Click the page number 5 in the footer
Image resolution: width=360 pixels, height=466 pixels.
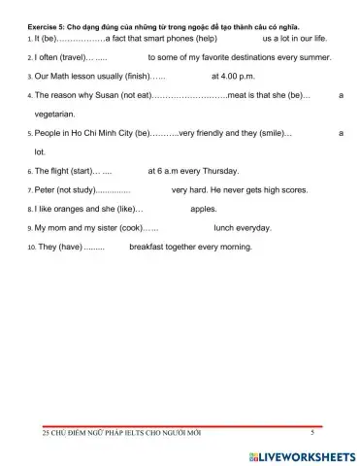311,432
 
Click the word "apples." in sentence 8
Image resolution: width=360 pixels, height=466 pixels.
204,209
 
